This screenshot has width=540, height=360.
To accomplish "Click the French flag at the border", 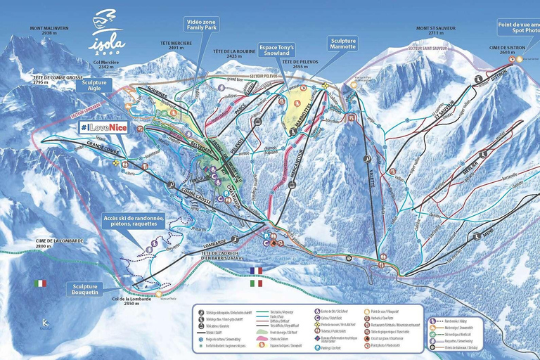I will point(255,270).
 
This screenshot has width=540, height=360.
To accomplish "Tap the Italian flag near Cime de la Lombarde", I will point(40,283).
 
